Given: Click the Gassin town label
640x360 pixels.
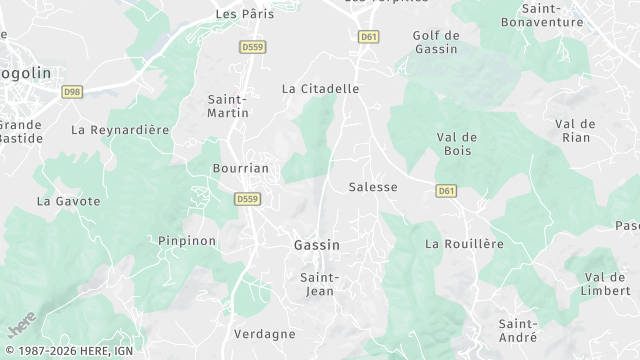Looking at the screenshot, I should tap(317, 245).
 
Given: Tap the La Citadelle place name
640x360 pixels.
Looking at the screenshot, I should tap(320, 89).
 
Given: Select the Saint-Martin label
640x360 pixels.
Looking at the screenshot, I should tap(228, 105).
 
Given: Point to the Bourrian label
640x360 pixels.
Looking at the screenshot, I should tap(241, 168).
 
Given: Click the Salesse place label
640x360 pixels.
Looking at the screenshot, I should tap(373, 187).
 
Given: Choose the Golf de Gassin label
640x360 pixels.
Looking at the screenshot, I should tap(436, 41).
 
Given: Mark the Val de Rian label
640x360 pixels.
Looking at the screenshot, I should tap(575, 130).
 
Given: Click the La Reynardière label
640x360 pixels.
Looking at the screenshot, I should tap(120, 130).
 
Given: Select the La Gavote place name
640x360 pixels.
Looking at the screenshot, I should tap(69, 201).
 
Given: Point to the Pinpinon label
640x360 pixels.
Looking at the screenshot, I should tap(187, 241).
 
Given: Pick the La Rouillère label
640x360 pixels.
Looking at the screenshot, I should tap(464, 243).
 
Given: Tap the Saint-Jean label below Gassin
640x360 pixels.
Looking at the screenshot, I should tap(320, 284).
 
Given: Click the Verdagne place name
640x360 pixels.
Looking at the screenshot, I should tap(264, 333).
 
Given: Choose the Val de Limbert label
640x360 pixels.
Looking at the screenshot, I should tap(606, 283).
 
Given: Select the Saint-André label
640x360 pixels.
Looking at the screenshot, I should tap(520, 330).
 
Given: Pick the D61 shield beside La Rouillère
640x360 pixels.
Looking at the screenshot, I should tap(446, 190).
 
